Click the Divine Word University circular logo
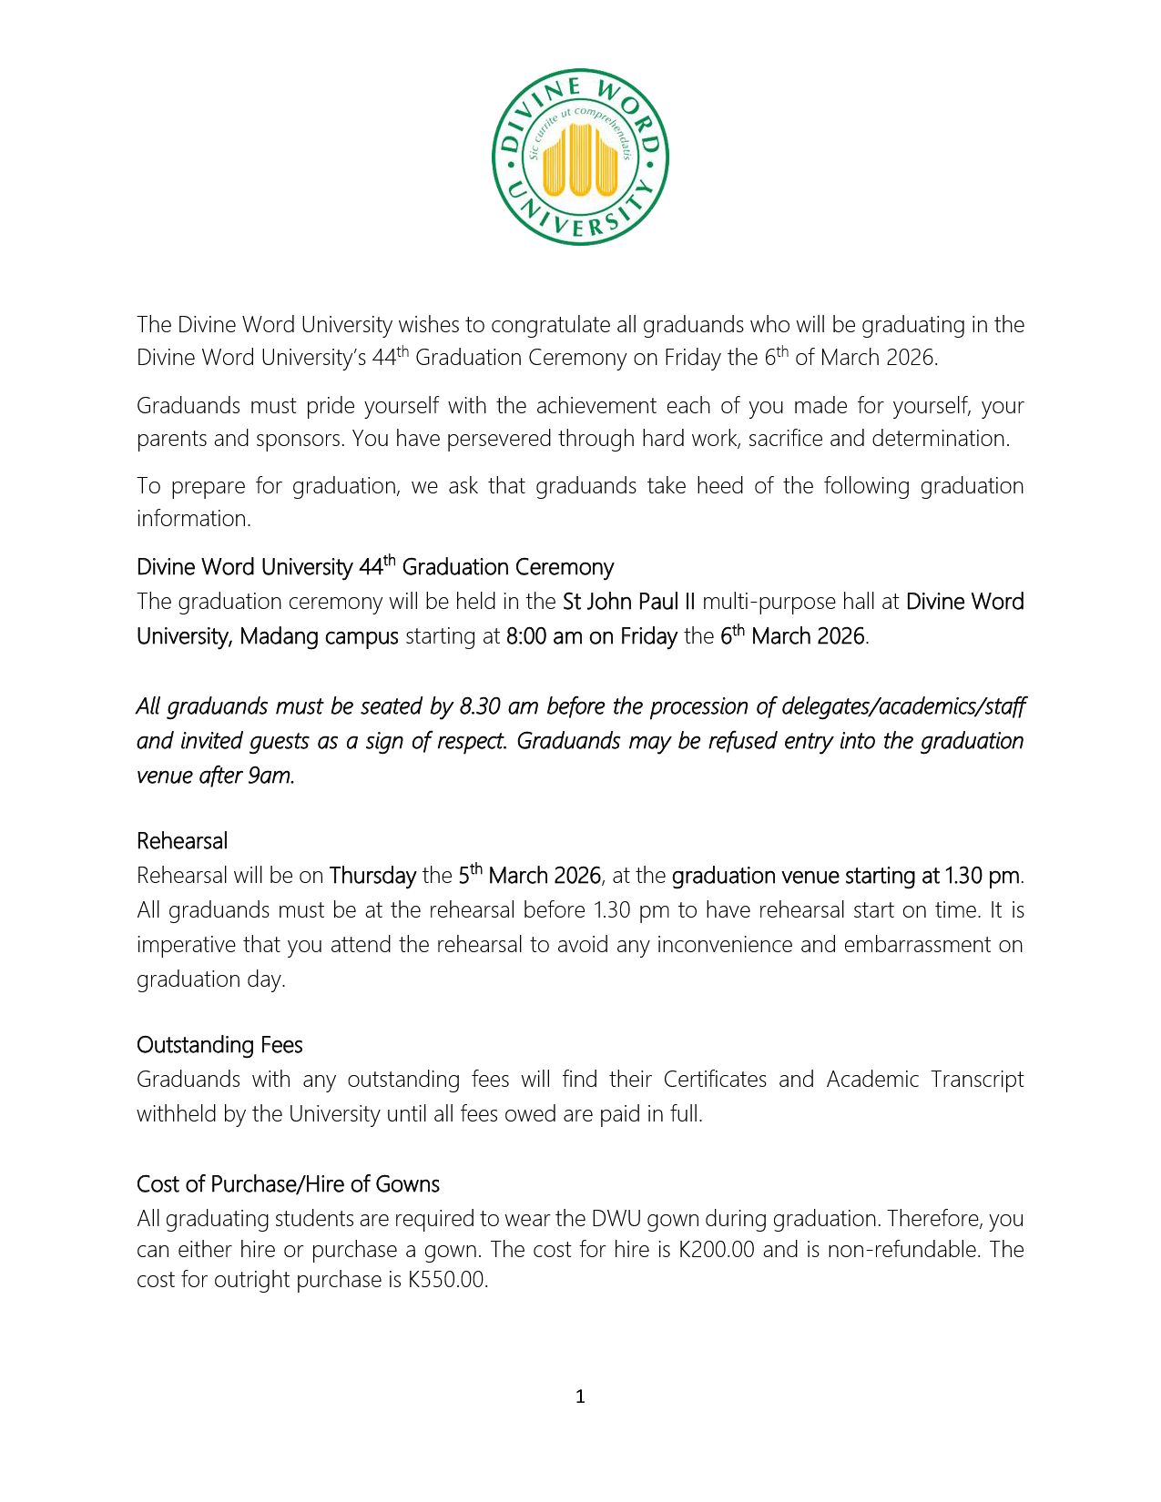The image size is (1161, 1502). point(580,157)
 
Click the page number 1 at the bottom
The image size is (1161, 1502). point(580,1396)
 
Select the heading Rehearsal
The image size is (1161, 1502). point(182,840)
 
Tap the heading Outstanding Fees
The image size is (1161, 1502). point(219,1044)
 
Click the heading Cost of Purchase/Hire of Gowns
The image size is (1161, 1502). point(288,1183)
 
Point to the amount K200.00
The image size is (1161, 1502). point(717,1249)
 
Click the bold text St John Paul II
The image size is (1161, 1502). point(628,602)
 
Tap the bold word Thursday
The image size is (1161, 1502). point(372,876)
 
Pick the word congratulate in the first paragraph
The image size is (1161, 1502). point(550,325)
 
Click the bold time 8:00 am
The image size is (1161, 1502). point(544,636)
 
